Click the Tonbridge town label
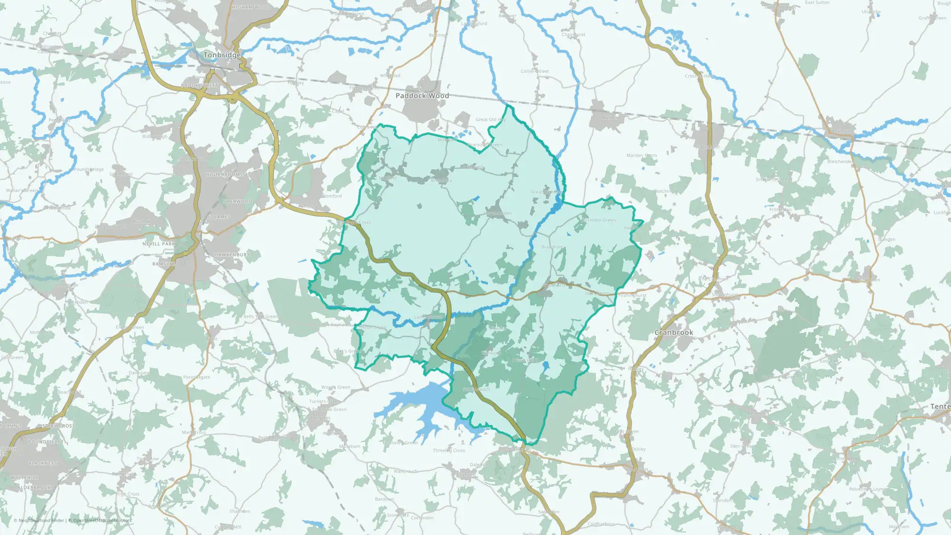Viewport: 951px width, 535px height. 222,55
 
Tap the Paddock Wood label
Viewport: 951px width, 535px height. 422,96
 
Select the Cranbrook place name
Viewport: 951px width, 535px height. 673,332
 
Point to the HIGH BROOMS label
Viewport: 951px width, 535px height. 224,175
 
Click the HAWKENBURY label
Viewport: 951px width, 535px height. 232,255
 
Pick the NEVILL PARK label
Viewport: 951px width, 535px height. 159,244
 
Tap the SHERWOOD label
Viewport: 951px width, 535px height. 238,202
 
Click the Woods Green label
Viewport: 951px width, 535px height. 336,387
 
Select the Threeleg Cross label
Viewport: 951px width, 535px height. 449,450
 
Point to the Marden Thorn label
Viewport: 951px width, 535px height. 641,156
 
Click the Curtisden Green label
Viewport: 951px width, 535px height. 599,220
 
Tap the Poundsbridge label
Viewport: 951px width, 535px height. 89,169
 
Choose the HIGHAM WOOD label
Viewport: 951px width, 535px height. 251,8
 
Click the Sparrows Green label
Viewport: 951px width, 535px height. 330,409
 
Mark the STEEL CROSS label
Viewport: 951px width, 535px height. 58,426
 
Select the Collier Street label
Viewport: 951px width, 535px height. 534,71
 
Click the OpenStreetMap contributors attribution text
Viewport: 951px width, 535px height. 102,520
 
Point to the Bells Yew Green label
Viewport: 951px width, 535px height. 261,317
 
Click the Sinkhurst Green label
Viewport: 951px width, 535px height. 773,180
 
